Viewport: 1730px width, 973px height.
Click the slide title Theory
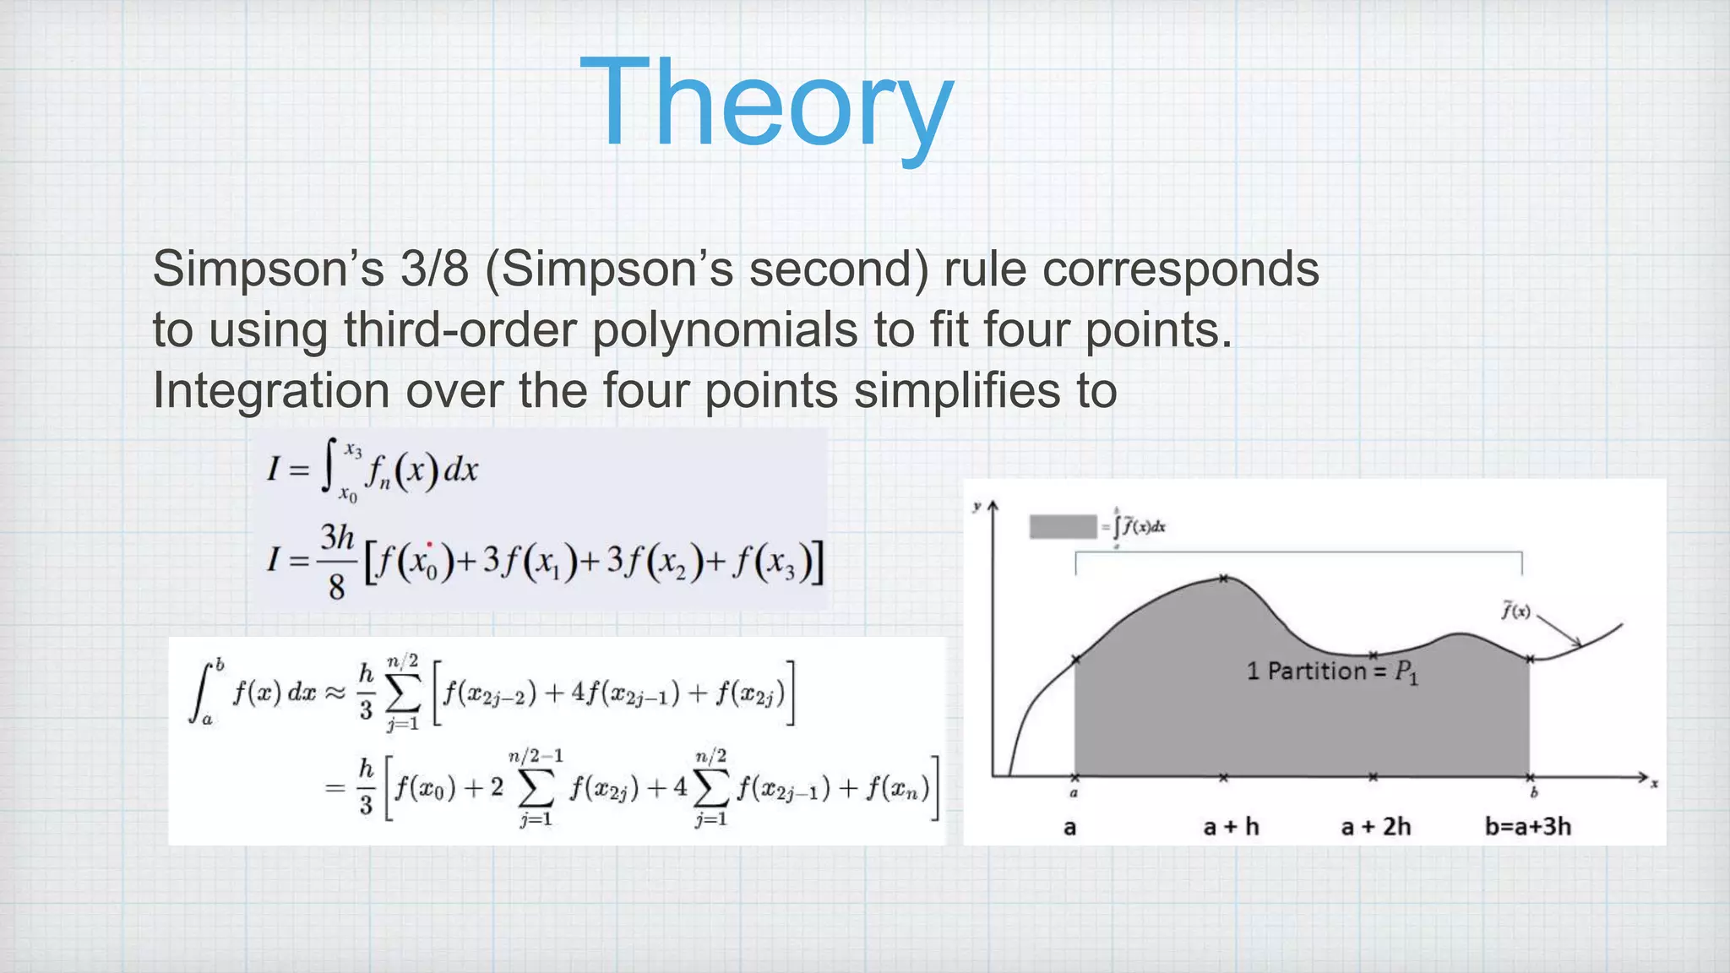[767, 103]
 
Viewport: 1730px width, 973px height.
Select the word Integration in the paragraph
[271, 390]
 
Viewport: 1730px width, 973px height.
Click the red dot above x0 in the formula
[430, 546]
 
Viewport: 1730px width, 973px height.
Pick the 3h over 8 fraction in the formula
[337, 561]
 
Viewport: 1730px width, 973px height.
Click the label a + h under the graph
[1231, 826]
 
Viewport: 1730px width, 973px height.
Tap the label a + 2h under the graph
[1376, 826]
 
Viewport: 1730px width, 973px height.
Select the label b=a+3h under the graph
[1528, 826]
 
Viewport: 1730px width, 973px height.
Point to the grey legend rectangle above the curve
[1063, 527]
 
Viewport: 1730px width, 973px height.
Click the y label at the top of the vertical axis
[977, 507]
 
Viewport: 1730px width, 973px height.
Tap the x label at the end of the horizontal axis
[1654, 785]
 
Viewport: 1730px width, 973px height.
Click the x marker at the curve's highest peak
[1223, 579]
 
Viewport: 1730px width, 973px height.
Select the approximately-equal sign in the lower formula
[335, 693]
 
